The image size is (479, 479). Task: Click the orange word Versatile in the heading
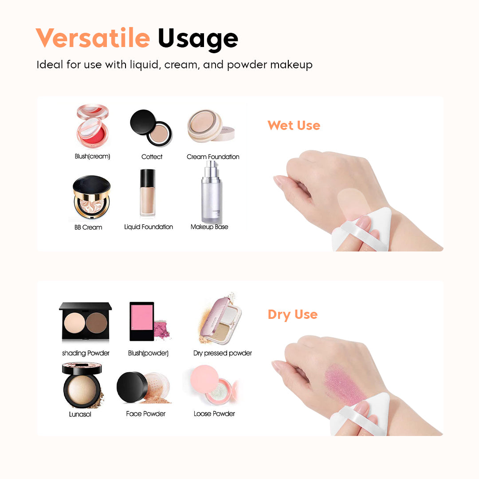click(x=92, y=38)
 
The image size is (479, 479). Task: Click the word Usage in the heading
click(x=198, y=39)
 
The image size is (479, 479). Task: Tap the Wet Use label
click(x=294, y=126)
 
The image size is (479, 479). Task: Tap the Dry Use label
click(x=293, y=314)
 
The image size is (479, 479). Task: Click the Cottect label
click(x=152, y=157)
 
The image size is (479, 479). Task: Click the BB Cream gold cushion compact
click(x=91, y=198)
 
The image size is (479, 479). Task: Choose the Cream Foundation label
click(x=213, y=157)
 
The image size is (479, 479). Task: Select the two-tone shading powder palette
click(x=85, y=322)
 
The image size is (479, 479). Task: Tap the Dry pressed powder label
click(x=223, y=353)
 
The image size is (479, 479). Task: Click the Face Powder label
click(x=145, y=413)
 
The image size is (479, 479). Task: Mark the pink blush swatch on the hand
click(x=343, y=384)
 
